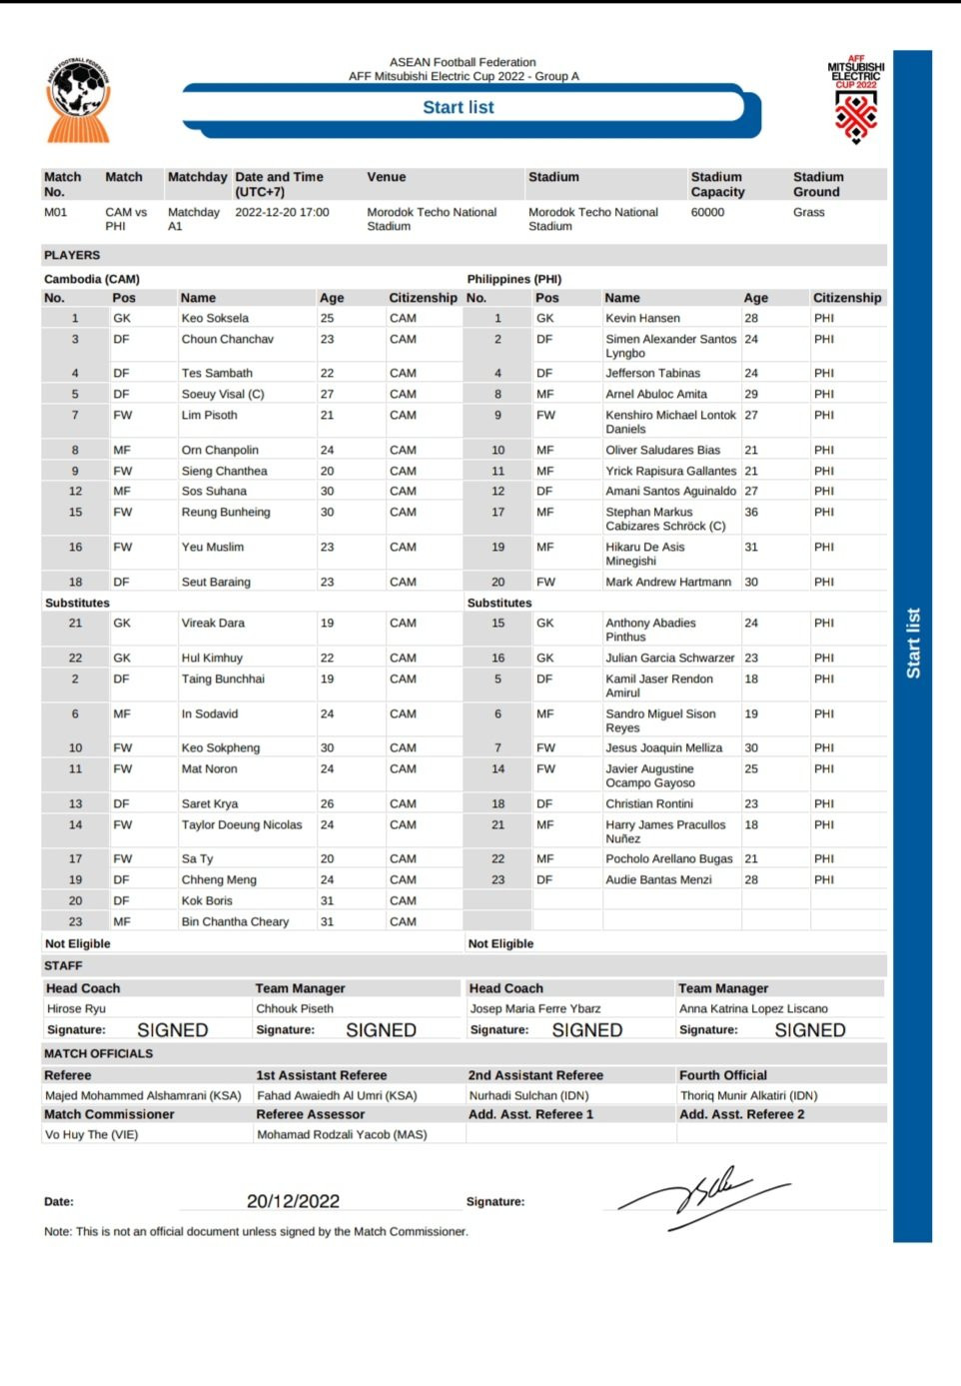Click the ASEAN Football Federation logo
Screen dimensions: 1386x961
point(78,100)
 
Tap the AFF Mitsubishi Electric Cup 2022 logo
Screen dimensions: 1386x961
point(856,100)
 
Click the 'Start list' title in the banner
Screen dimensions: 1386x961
point(459,108)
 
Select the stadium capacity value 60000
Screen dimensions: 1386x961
point(708,213)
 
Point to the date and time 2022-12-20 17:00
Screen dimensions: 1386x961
point(282,213)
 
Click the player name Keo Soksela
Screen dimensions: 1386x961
point(215,319)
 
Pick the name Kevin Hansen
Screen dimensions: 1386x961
point(642,319)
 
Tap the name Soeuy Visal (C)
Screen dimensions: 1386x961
point(223,395)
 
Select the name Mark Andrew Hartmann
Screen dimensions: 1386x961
point(668,583)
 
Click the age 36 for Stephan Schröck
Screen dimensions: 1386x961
point(751,513)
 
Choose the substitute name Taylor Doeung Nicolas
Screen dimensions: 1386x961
point(242,825)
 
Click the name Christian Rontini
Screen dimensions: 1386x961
point(649,804)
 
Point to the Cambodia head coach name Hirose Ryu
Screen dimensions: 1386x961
point(76,1009)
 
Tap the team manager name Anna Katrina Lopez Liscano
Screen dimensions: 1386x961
point(753,1009)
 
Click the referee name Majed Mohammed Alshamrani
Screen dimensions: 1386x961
point(143,1096)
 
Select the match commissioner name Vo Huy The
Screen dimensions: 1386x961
point(92,1135)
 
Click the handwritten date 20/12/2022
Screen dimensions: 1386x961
point(293,1201)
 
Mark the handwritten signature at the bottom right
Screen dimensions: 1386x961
point(703,1196)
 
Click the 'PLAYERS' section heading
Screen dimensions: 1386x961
point(72,256)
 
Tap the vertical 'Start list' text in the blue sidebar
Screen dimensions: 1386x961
point(913,644)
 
